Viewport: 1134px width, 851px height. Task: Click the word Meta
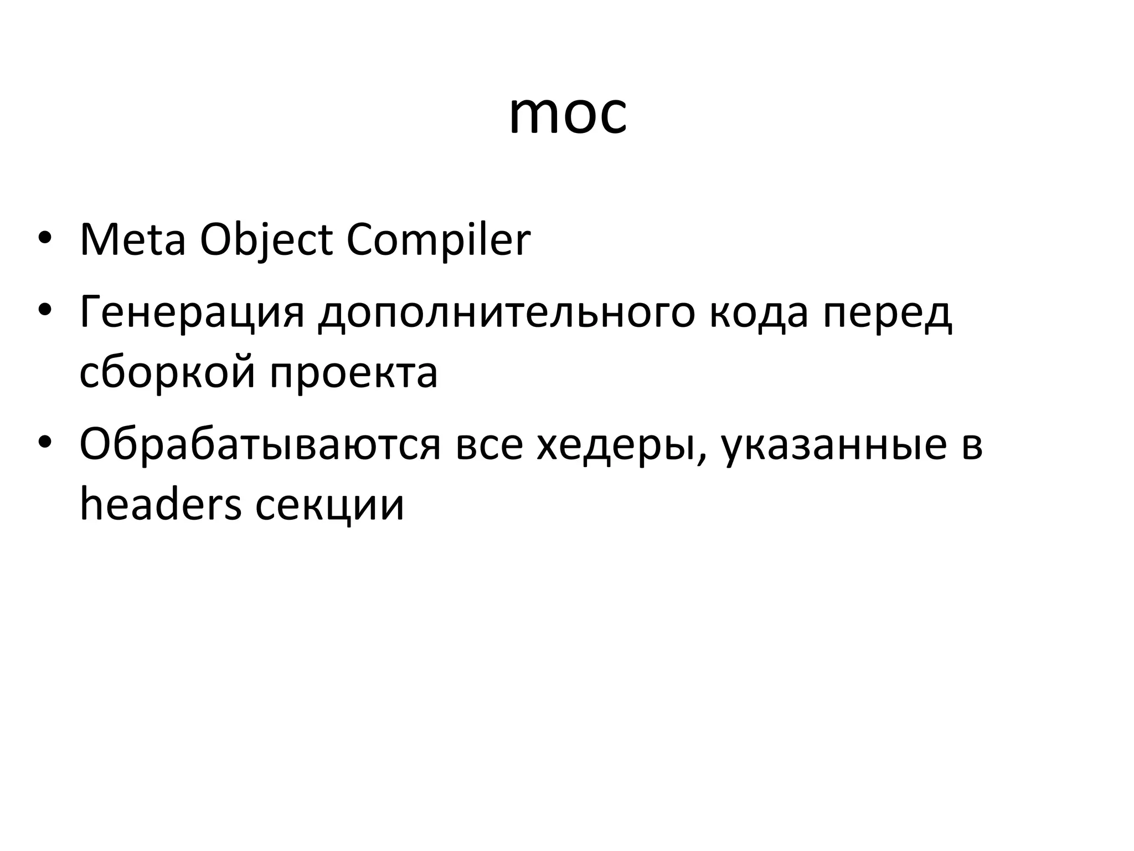pyautogui.click(x=132, y=240)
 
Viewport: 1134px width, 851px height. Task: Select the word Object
pyautogui.click(x=266, y=242)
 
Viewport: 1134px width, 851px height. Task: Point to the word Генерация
pyautogui.click(x=192, y=312)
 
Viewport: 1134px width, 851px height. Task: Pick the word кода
pyautogui.click(x=758, y=312)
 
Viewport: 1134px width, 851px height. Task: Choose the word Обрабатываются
pyautogui.click(x=260, y=444)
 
